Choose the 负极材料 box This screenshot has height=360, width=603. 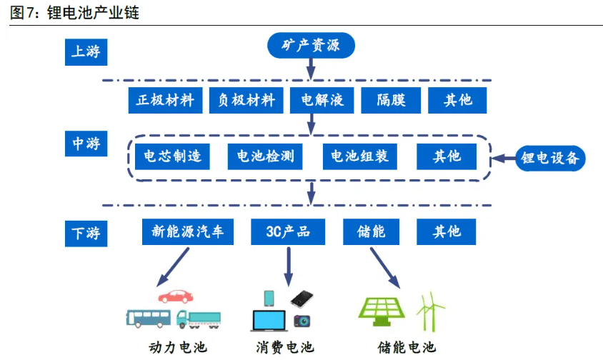pyautogui.click(x=246, y=100)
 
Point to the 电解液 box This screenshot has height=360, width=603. pyautogui.click(x=318, y=100)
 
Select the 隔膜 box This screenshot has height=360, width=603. pyautogui.click(x=391, y=100)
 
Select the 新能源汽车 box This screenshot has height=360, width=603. pyautogui.click(x=188, y=231)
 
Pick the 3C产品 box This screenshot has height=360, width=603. pyautogui.click(x=288, y=231)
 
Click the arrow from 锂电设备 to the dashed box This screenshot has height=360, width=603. pyautogui.click(x=504, y=157)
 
